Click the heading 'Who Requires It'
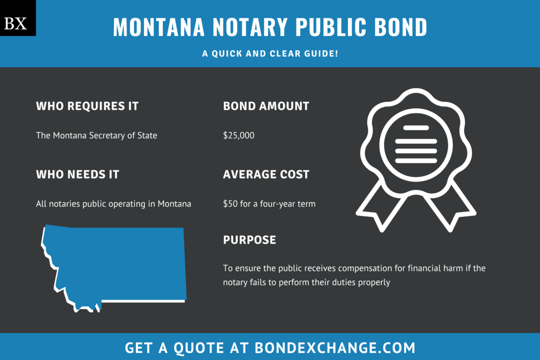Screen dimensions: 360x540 click(x=87, y=106)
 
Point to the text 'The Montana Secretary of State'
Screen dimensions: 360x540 click(x=97, y=135)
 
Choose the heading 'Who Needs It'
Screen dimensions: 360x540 click(x=77, y=175)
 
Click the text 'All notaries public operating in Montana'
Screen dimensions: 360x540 click(x=113, y=204)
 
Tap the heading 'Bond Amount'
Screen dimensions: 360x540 click(x=266, y=106)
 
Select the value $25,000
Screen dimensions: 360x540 click(x=238, y=135)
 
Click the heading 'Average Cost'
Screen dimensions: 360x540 click(x=266, y=175)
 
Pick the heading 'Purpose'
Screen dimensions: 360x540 click(x=249, y=240)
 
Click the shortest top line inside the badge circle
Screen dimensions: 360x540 click(x=416, y=128)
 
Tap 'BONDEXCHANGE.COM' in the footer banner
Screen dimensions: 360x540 click(x=335, y=348)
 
